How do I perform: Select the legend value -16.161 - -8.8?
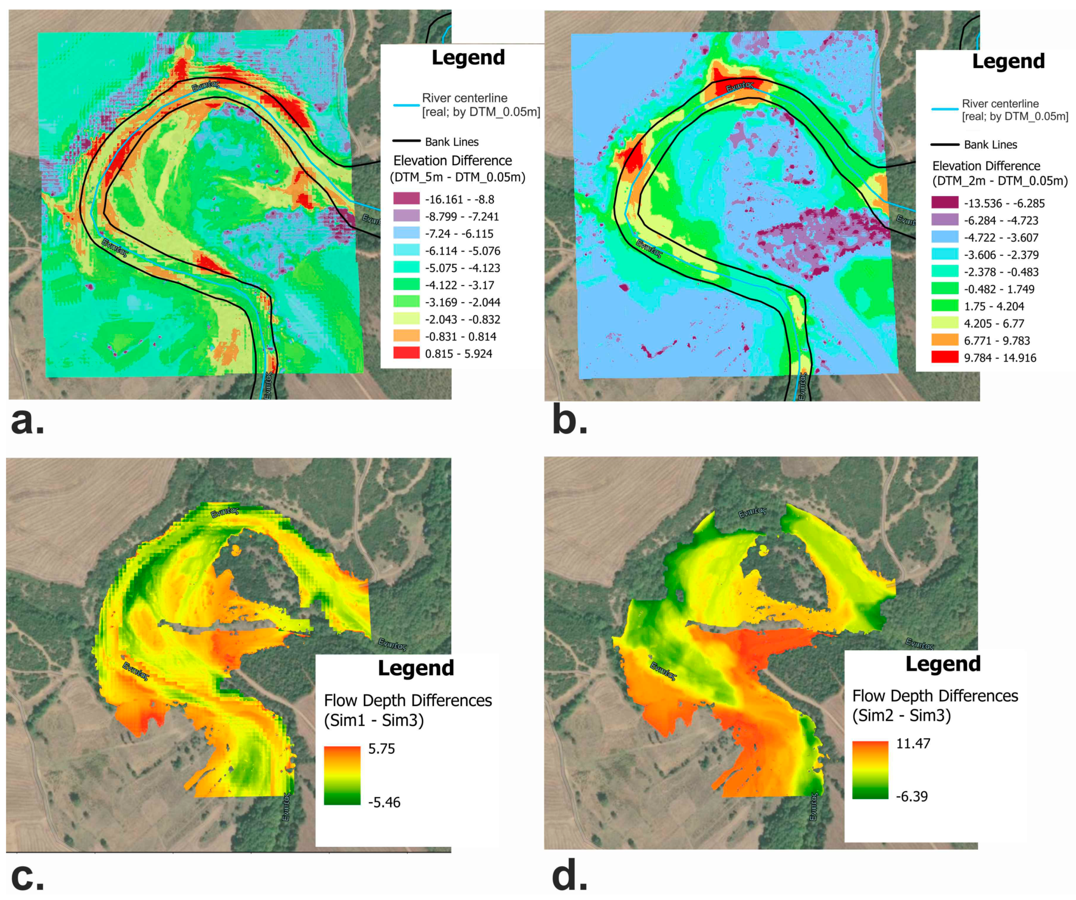[x=459, y=199]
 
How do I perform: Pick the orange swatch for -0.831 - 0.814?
[x=406, y=336]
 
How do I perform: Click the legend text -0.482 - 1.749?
[x=999, y=289]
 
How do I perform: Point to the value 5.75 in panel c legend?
[x=382, y=749]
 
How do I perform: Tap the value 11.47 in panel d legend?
[x=913, y=743]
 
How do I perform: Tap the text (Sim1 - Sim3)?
[x=374, y=720]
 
